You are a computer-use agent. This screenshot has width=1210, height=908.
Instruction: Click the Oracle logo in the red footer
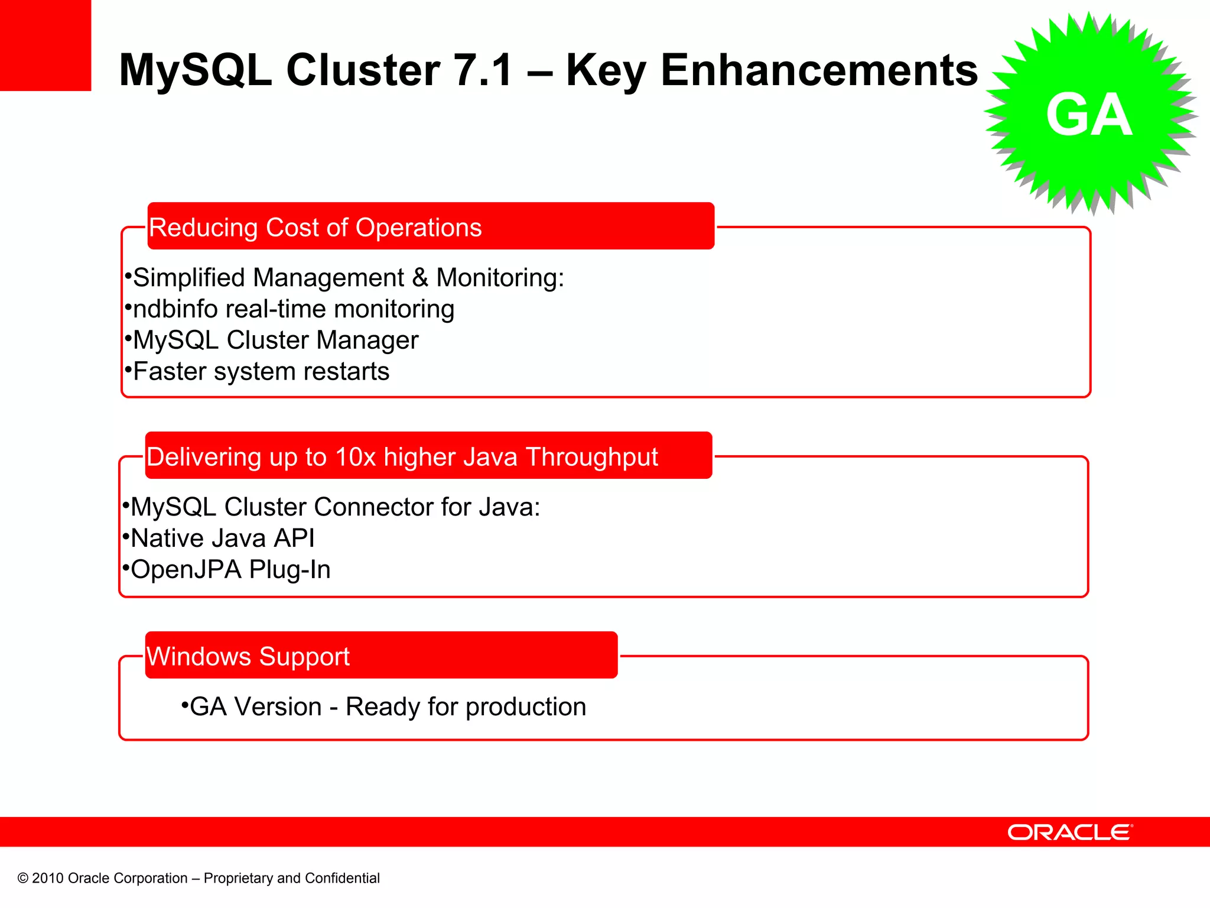[x=1069, y=832]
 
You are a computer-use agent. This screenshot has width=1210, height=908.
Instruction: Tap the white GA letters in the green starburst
[x=1088, y=115]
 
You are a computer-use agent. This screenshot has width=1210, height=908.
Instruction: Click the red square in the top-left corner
[x=45, y=45]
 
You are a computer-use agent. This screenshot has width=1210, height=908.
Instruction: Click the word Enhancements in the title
[x=819, y=70]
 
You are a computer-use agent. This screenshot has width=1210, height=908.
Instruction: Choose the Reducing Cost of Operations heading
[x=315, y=228]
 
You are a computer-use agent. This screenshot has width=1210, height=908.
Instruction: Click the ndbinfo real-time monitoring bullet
[x=293, y=309]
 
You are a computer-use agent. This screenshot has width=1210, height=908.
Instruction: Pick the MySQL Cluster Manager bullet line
[x=275, y=340]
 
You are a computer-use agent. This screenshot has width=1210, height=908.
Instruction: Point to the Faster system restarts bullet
[x=261, y=372]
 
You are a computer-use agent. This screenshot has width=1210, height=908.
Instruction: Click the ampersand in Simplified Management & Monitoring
[x=420, y=278]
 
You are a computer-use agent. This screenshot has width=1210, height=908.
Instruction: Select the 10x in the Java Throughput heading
[x=355, y=457]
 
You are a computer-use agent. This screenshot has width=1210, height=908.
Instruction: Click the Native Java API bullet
[x=222, y=539]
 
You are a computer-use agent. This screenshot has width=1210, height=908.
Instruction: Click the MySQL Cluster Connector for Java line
[x=334, y=507]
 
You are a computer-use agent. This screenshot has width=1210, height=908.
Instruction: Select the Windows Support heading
[x=248, y=657]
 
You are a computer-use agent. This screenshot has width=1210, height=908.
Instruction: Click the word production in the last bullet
[x=526, y=707]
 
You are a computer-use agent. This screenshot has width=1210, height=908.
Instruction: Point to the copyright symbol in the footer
[x=23, y=878]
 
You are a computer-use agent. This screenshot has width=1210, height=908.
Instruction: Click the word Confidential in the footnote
[x=342, y=878]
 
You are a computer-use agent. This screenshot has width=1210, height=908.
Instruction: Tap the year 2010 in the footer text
[x=48, y=878]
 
